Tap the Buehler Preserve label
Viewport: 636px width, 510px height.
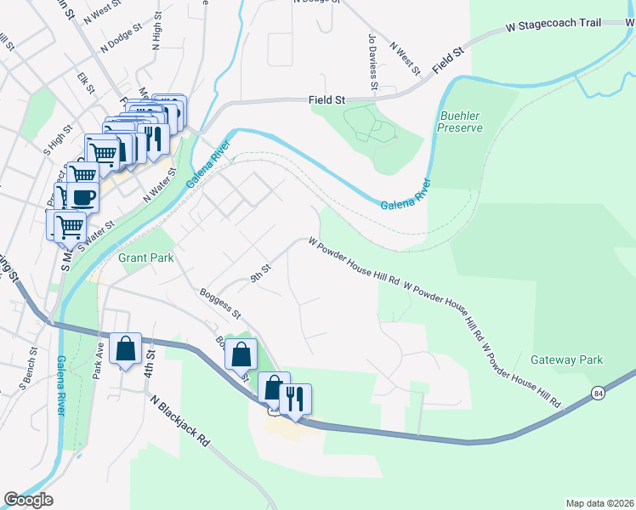(460, 122)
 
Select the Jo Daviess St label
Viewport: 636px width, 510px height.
(372, 62)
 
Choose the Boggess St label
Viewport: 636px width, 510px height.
(220, 303)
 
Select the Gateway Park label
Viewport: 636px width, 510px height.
(567, 360)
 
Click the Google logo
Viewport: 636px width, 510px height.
(28, 500)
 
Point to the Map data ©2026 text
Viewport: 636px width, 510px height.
(599, 502)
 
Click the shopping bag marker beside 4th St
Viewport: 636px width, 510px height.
(125, 348)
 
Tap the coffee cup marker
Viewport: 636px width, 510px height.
(83, 197)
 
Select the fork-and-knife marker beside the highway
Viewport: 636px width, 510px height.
(295, 398)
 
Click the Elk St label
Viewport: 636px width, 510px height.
(84, 84)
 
